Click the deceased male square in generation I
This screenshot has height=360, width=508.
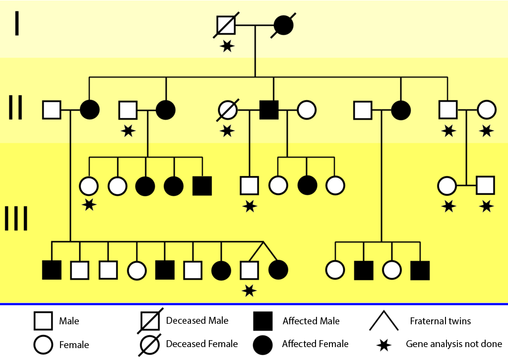pyautogui.click(x=226, y=25)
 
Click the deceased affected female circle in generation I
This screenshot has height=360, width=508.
pyautogui.click(x=284, y=25)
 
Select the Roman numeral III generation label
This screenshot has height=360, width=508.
pyautogui.click(x=16, y=218)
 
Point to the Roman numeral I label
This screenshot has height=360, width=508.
pyautogui.click(x=17, y=23)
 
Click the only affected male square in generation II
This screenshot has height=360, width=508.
pyautogui.click(x=268, y=110)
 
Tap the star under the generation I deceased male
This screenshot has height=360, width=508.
pyautogui.click(x=227, y=46)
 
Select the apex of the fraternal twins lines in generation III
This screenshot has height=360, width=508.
pyautogui.click(x=263, y=242)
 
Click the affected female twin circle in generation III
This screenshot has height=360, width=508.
pyautogui.click(x=278, y=270)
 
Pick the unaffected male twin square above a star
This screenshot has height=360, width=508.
pyautogui.click(x=249, y=270)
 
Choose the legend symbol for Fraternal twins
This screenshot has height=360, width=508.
pyautogui.click(x=383, y=321)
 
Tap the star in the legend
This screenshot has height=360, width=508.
pyautogui.click(x=383, y=344)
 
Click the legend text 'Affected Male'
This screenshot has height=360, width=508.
pyautogui.click(x=311, y=321)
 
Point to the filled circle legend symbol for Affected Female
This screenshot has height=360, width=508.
pyautogui.click(x=263, y=344)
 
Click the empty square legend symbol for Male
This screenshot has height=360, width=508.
pyautogui.click(x=43, y=321)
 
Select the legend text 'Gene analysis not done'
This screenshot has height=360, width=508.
pyautogui.click(x=454, y=344)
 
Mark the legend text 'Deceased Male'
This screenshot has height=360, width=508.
pyautogui.click(x=197, y=320)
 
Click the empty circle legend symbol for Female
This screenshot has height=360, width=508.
pyautogui.click(x=43, y=345)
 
